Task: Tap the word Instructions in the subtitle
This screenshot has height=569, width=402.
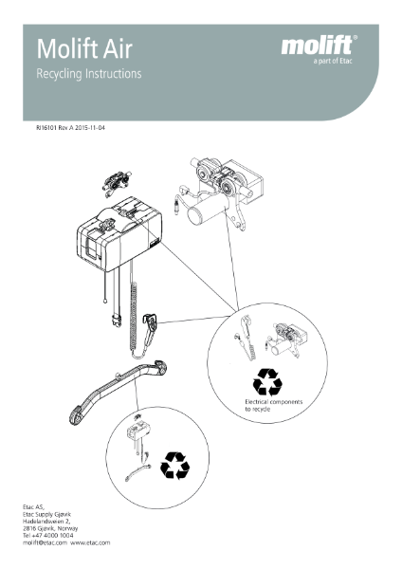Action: (x=114, y=72)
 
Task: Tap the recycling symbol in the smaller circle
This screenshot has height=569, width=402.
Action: (x=175, y=465)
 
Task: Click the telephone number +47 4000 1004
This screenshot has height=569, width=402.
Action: (x=57, y=535)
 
